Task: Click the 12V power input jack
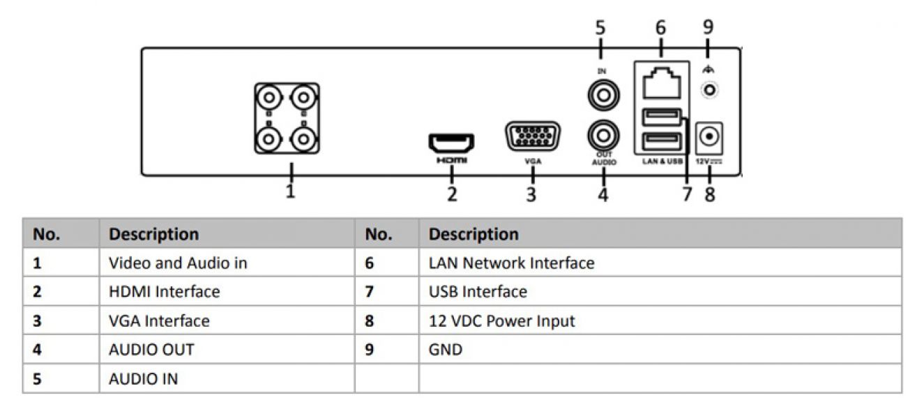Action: click(x=709, y=137)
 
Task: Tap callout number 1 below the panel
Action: click(x=291, y=191)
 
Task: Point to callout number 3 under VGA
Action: click(x=531, y=194)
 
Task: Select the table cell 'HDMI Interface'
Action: click(x=164, y=292)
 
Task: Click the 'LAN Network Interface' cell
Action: click(x=511, y=263)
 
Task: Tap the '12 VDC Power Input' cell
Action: click(x=501, y=321)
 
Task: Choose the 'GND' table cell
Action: click(x=446, y=350)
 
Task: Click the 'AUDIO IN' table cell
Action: click(x=143, y=379)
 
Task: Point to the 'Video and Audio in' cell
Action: click(x=178, y=263)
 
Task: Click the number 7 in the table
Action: click(x=370, y=292)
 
